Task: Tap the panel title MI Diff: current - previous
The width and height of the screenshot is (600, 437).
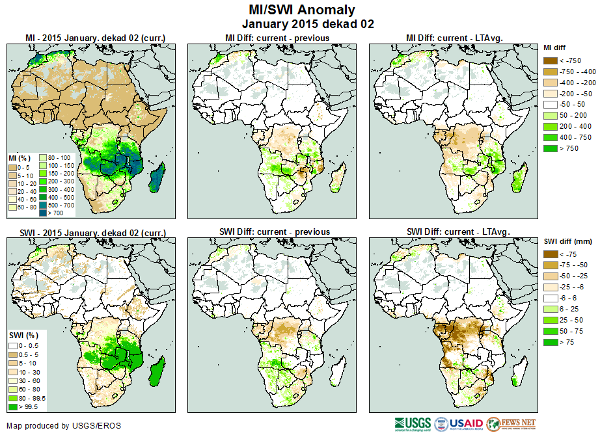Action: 277,38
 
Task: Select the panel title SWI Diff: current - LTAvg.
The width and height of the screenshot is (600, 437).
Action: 457,232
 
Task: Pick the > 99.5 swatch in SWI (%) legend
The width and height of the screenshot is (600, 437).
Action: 13,406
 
